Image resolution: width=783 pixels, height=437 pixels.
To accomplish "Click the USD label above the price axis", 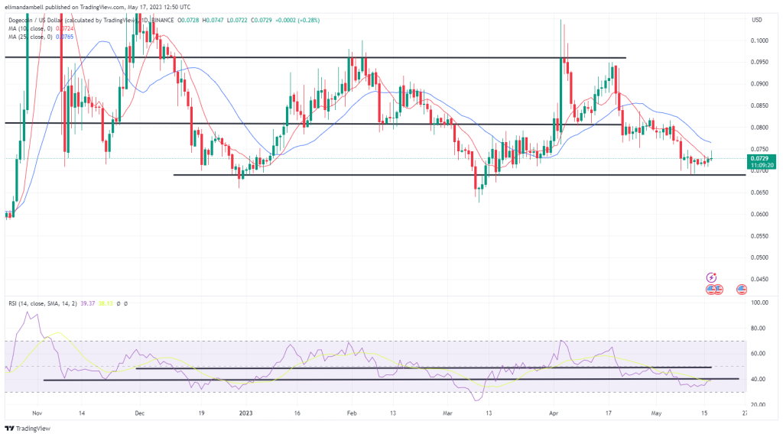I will point(757,19).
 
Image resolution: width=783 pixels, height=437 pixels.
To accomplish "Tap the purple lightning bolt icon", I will point(712,277).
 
